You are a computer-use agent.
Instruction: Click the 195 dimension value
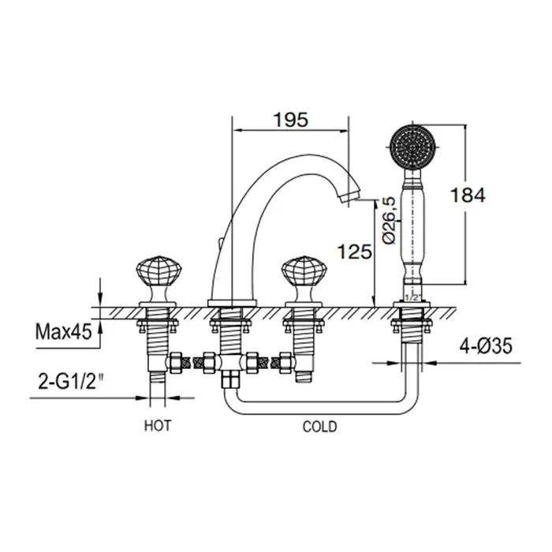tap(291, 121)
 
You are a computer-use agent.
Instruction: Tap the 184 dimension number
tap(468, 195)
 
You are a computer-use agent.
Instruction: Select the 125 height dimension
tap(355, 252)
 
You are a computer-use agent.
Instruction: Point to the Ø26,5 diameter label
tap(390, 220)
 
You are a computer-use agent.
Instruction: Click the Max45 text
tap(64, 331)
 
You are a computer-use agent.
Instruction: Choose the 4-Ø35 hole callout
tap(486, 346)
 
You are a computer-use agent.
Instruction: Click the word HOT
tap(158, 426)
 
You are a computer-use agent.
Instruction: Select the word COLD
tap(319, 427)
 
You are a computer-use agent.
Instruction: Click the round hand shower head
tap(413, 147)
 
